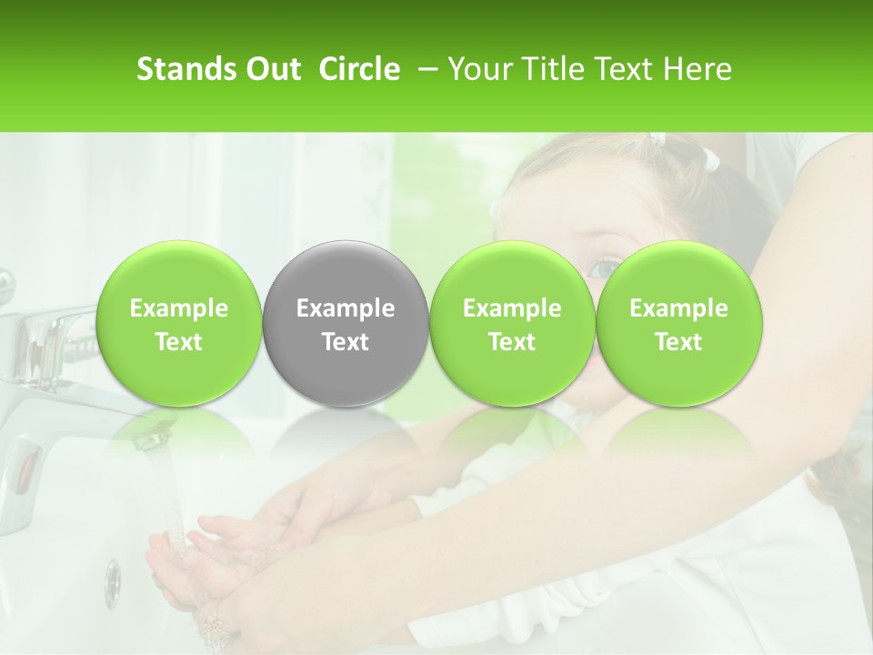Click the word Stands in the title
pos(178,69)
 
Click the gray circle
pos(346,324)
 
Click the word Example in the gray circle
pos(346,309)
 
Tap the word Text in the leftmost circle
pos(179,342)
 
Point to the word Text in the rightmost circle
pos(678,342)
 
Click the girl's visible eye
pos(603,267)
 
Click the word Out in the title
pos(273,69)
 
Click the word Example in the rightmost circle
pos(678,309)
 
